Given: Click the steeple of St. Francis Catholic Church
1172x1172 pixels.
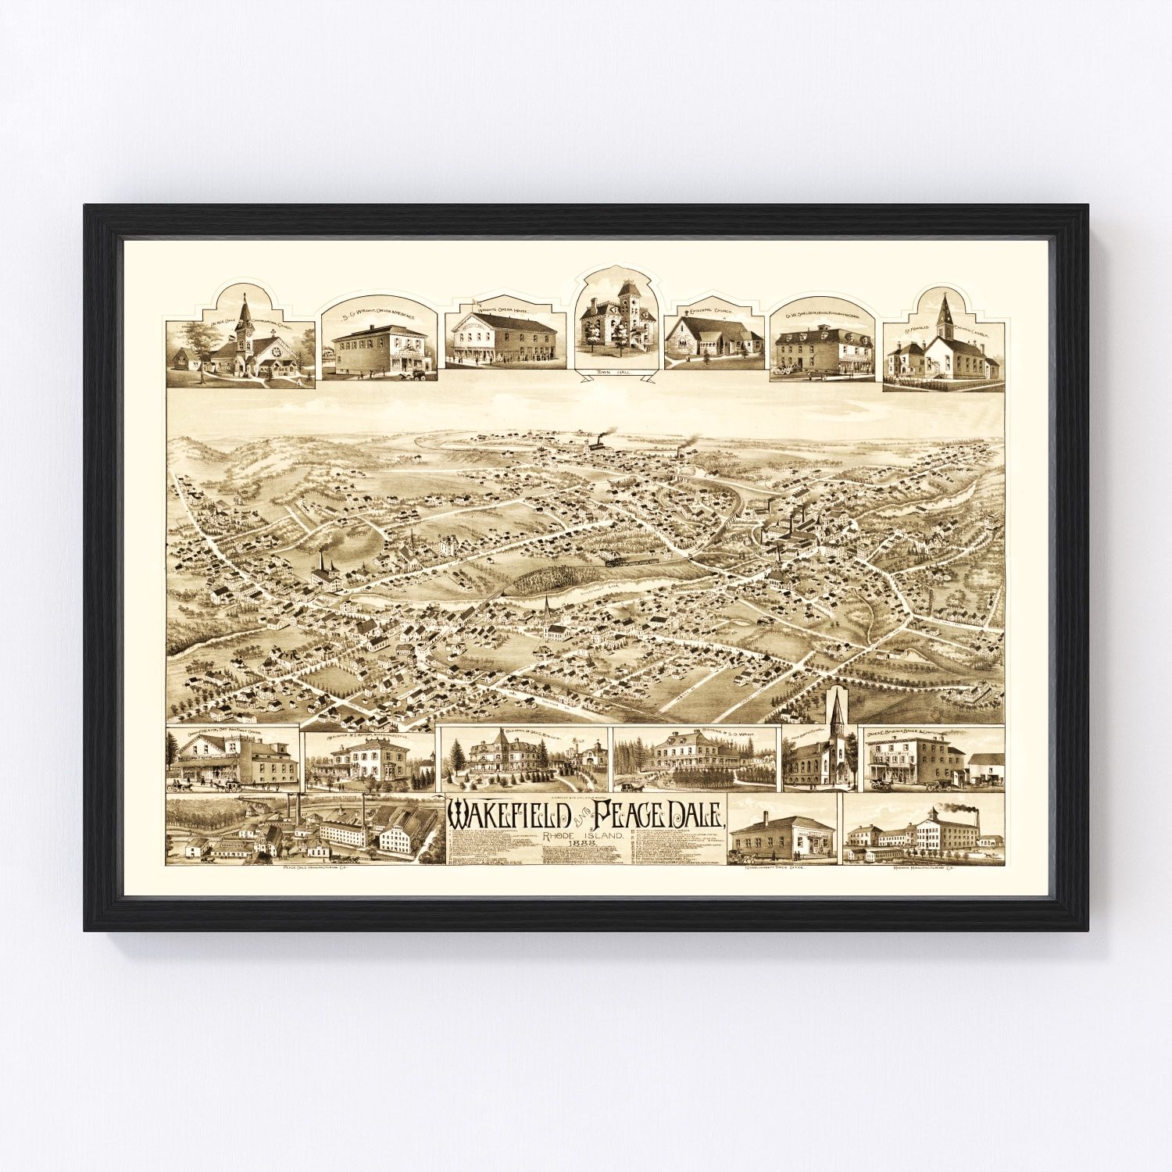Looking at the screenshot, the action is point(947,313).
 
